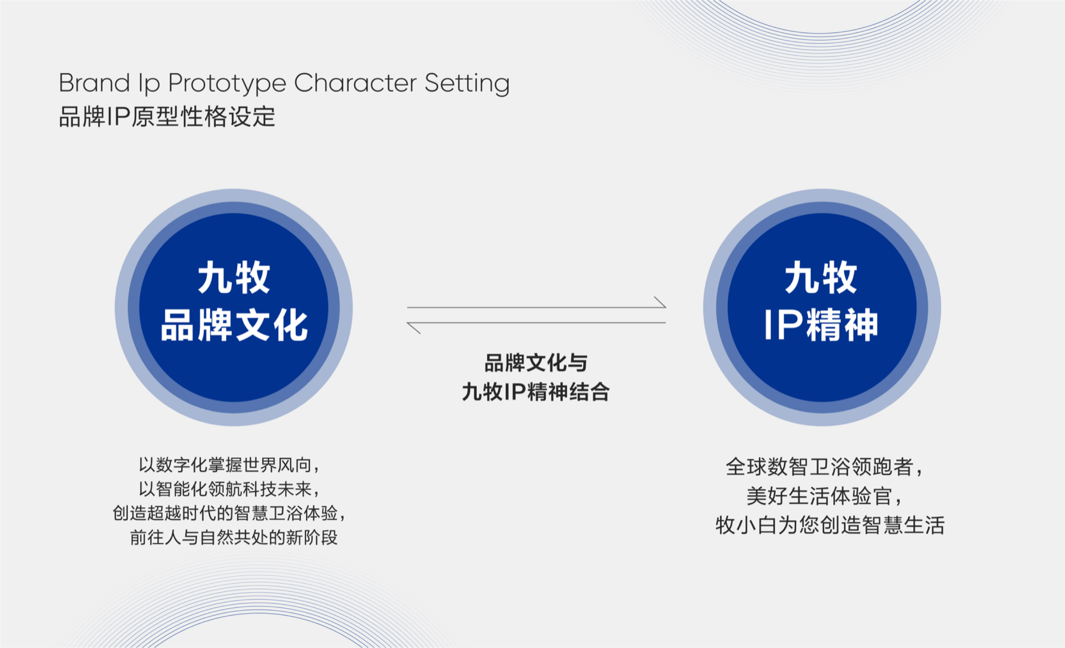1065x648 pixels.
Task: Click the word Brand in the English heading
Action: click(94, 83)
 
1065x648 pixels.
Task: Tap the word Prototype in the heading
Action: click(227, 84)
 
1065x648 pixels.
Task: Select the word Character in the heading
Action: click(354, 83)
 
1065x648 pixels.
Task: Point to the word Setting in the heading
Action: click(467, 84)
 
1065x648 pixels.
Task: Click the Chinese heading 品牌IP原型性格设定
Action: click(167, 117)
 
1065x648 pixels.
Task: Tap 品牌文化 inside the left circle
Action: click(234, 325)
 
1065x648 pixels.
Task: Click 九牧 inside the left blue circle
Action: click(234, 278)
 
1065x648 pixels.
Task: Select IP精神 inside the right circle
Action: click(821, 325)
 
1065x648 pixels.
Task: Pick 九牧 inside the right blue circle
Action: click(821, 278)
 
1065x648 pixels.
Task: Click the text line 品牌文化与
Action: click(536, 363)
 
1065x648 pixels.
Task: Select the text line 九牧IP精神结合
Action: click(536, 392)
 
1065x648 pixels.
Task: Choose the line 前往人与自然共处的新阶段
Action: click(234, 537)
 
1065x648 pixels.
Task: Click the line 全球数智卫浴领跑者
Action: click(824, 467)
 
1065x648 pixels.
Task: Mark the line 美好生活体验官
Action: click(824, 497)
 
